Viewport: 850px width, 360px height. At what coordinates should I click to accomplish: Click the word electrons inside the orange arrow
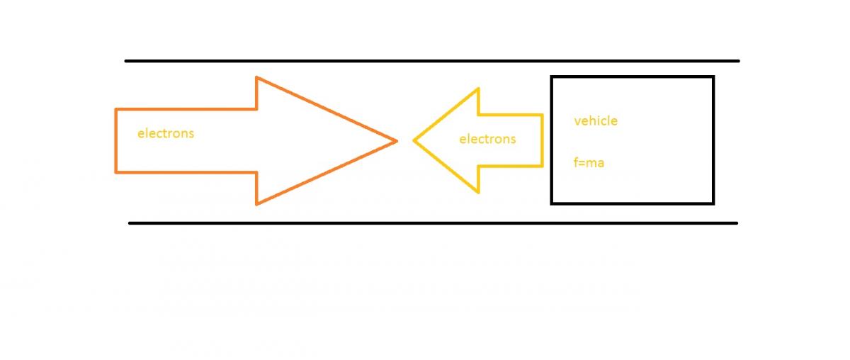[165, 133]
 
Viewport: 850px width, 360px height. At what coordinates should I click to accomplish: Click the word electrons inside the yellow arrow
[487, 139]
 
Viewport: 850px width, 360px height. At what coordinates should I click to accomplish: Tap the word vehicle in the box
[596, 120]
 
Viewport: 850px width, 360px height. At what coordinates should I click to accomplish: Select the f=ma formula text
[589, 163]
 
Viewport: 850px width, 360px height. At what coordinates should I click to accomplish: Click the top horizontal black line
[432, 61]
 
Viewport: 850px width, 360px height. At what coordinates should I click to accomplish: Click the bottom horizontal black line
[432, 223]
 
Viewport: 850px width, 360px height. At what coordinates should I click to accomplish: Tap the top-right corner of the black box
[713, 77]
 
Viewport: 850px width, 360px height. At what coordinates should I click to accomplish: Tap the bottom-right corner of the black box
[713, 203]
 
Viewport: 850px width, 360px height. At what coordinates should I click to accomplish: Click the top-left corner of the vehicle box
[552, 77]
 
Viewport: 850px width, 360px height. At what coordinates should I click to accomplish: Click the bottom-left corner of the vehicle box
[552, 203]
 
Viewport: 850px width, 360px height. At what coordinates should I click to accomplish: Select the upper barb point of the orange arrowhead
[256, 77]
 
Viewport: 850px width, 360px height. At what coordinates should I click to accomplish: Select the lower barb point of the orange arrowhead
[256, 204]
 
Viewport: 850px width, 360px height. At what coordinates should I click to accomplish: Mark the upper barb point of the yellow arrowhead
[479, 89]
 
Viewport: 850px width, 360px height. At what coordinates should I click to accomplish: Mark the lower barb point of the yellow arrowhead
[479, 192]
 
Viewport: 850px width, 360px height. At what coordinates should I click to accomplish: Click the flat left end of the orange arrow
[115, 140]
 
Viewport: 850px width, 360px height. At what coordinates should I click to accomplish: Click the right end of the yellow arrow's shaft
[542, 140]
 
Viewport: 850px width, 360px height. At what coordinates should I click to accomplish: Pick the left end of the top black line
[127, 61]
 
